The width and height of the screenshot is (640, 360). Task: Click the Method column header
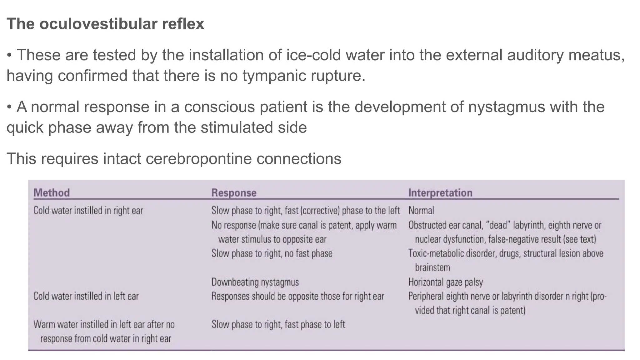click(52, 192)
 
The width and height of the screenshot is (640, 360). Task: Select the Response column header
click(234, 193)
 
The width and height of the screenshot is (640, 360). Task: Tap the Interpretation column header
click(440, 193)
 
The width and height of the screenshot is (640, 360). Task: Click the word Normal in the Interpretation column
click(421, 211)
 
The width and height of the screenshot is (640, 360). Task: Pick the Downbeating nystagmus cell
click(255, 282)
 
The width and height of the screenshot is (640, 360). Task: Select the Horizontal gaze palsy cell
click(445, 282)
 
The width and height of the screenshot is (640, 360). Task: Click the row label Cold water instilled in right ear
click(88, 211)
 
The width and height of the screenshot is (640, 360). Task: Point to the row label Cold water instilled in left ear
click(86, 296)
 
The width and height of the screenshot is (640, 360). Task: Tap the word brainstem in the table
click(432, 267)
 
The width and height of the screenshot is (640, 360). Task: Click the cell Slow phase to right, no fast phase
click(272, 253)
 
